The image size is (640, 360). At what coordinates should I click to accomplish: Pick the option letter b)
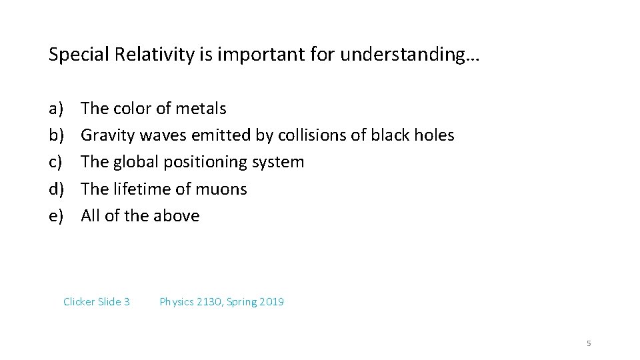tap(56, 135)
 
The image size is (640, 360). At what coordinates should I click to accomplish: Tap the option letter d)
tap(56, 189)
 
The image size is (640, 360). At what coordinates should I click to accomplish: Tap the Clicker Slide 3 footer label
tap(96, 302)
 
